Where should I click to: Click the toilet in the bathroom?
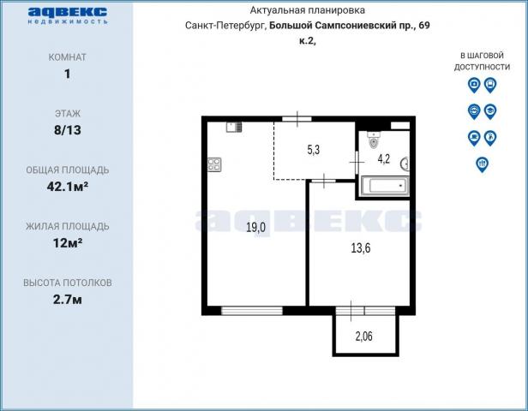[x=374, y=140]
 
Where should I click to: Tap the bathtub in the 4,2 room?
[x=385, y=186]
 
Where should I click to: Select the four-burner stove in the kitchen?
[x=214, y=164]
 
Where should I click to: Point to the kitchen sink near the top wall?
[x=234, y=127]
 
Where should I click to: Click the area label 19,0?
[x=256, y=228]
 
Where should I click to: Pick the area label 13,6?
[x=361, y=248]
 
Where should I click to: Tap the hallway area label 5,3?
[x=314, y=150]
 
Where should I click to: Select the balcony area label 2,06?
[x=364, y=336]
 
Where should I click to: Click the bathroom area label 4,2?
[x=384, y=158]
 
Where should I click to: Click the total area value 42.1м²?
[x=68, y=187]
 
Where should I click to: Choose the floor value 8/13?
[x=68, y=130]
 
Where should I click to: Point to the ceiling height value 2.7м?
[x=68, y=300]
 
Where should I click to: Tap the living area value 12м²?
[x=68, y=243]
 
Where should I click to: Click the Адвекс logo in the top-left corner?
[x=68, y=15]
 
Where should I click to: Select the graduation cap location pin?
[x=490, y=111]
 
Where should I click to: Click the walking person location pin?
[x=490, y=138]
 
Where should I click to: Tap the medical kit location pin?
[x=474, y=85]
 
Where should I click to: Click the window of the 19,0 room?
[x=252, y=311]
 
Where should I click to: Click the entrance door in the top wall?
[x=297, y=118]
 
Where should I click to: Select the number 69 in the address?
[x=424, y=25]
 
